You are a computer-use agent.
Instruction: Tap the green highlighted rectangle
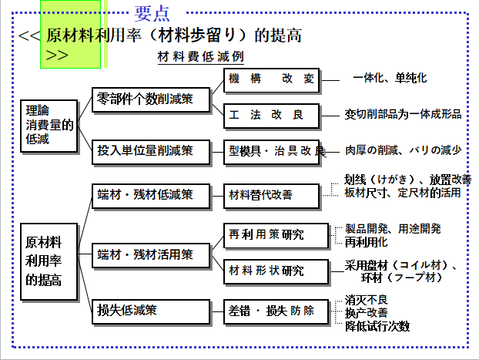pyautogui.click(x=71, y=35)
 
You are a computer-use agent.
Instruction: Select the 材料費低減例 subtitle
pyautogui.click(x=201, y=57)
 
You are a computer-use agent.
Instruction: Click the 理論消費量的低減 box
pyautogui.click(x=48, y=123)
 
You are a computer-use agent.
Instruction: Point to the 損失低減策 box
pyautogui.click(x=151, y=311)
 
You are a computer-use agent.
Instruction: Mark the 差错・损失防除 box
pyautogui.click(x=271, y=311)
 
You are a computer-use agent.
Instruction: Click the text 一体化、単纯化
pyautogui.click(x=390, y=79)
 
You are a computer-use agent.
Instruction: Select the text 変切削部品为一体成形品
pyautogui.click(x=403, y=114)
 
